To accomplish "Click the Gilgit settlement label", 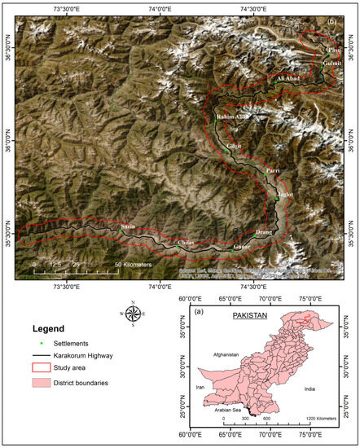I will coord(235,146).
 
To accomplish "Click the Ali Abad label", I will coord(291,78).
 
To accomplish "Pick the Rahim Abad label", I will coord(231,118).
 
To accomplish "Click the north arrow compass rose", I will coord(133,313).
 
